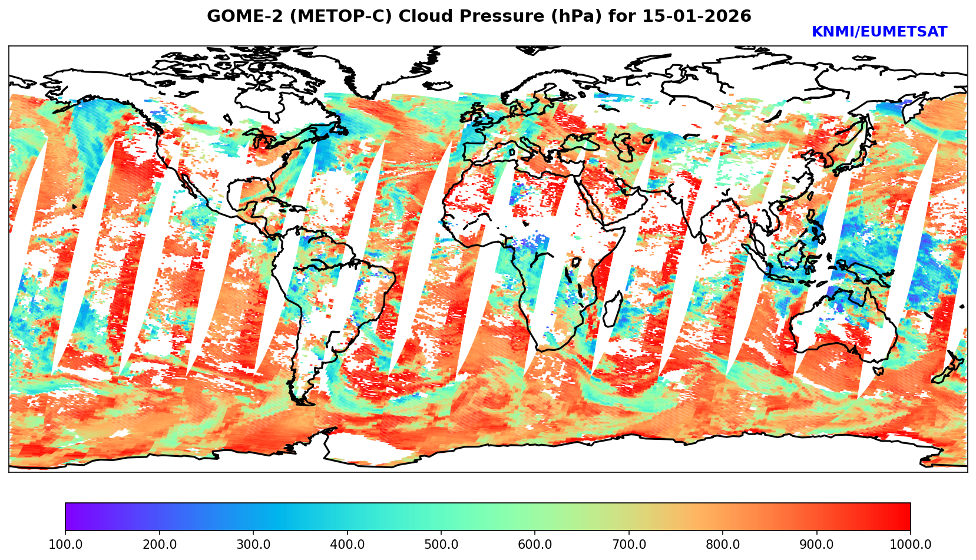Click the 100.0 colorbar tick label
[65, 545]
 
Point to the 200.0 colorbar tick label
[159, 545]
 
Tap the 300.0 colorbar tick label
[253, 545]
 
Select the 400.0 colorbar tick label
[347, 545]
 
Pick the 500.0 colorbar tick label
[441, 545]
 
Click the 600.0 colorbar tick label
[535, 545]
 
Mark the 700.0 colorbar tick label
[628, 545]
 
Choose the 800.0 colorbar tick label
[723, 545]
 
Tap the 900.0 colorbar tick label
[816, 545]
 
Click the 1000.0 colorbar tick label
[910, 545]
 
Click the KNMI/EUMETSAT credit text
[879, 32]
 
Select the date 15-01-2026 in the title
[697, 16]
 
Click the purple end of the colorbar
[70, 516]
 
